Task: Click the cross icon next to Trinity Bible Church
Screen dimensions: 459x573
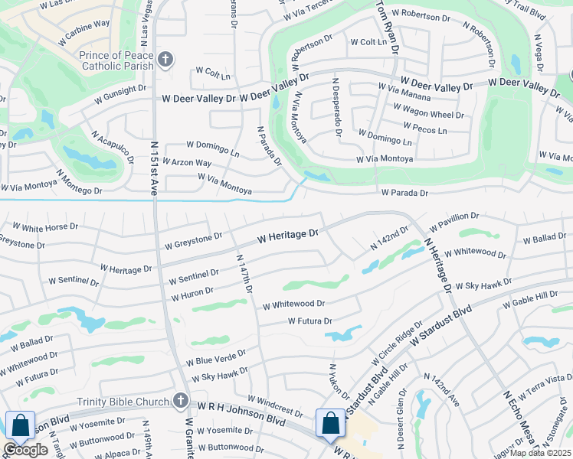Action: (180, 401)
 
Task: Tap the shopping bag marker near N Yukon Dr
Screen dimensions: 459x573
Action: (330, 423)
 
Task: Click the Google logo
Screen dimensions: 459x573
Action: (25, 450)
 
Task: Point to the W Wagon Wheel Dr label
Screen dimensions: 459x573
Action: (433, 114)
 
